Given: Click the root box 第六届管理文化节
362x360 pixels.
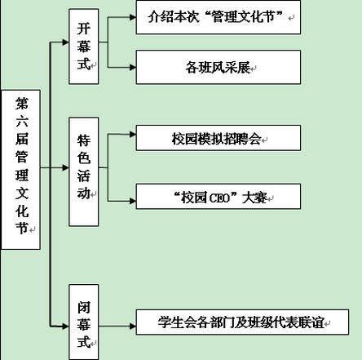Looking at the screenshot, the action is pyautogui.click(x=21, y=170).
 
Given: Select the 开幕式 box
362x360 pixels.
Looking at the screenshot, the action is pyautogui.click(x=84, y=47).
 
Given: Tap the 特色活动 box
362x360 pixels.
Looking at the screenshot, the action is pyautogui.click(x=84, y=171).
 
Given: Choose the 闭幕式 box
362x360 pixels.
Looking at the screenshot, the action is pyautogui.click(x=84, y=322).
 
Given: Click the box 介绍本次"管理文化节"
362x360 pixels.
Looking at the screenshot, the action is pyautogui.click(x=219, y=17).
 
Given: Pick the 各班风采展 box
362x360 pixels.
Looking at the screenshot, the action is pyautogui.click(x=219, y=67).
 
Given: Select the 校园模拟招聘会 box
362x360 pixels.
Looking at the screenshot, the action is pyautogui.click(x=219, y=138).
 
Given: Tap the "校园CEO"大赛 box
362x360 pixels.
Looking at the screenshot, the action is pyautogui.click(x=219, y=197).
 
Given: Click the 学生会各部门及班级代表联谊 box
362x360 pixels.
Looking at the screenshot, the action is pyautogui.click(x=242, y=322).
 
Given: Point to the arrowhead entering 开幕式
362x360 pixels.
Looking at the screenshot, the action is pyautogui.click(x=66, y=42).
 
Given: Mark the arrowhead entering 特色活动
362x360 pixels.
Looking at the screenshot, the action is pyautogui.click(x=66, y=167).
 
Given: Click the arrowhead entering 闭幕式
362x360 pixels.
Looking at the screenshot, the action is pyautogui.click(x=66, y=326).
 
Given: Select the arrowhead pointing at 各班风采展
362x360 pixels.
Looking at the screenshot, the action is pyautogui.click(x=133, y=67).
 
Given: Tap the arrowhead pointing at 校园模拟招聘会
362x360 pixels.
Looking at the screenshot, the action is pyautogui.click(x=133, y=134).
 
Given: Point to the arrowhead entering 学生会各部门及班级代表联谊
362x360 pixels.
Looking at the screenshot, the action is pyautogui.click(x=133, y=326).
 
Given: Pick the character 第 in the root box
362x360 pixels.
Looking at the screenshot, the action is pyautogui.click(x=21, y=104).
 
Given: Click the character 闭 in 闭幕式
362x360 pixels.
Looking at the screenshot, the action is pyautogui.click(x=84, y=307).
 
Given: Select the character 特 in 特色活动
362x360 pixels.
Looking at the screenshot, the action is pyautogui.click(x=84, y=140).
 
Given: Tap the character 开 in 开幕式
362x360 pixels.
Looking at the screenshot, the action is pyautogui.click(x=84, y=29).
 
